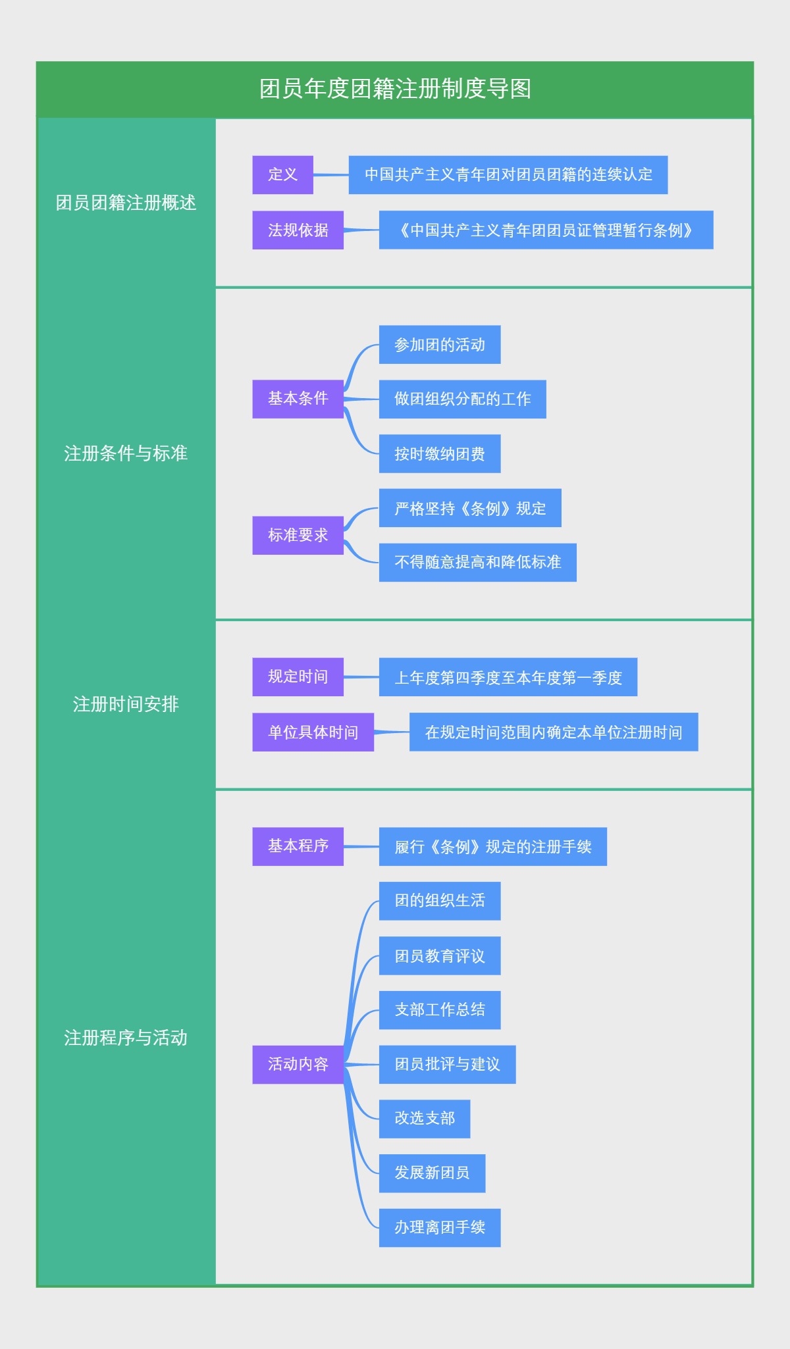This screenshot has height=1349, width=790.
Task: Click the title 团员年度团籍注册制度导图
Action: [395, 89]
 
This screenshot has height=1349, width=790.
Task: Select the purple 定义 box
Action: [282, 175]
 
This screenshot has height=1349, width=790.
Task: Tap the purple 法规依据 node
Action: [298, 230]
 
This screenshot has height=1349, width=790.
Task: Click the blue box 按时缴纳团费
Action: [439, 453]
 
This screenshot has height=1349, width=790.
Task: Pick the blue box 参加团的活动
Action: [439, 345]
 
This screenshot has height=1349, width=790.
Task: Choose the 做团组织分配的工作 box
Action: [462, 399]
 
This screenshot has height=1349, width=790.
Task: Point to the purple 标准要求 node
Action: [298, 535]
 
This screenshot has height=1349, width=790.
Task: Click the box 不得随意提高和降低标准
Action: [477, 563]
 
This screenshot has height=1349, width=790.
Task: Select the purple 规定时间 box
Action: [298, 676]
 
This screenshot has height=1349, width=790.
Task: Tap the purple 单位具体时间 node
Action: [313, 732]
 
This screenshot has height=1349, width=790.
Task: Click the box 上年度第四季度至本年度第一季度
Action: [508, 677]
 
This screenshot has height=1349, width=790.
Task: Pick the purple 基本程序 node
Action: [298, 846]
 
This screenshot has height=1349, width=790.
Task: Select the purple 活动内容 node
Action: [298, 1064]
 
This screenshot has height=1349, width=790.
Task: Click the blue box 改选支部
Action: [424, 1119]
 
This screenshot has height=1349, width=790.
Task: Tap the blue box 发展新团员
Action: [432, 1173]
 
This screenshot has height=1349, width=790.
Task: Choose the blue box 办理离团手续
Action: [439, 1228]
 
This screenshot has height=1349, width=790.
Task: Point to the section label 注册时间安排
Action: [126, 705]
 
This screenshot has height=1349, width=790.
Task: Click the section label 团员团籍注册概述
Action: [126, 203]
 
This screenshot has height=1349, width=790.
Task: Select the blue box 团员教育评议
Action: [439, 955]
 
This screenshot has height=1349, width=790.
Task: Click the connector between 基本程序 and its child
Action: [361, 847]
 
